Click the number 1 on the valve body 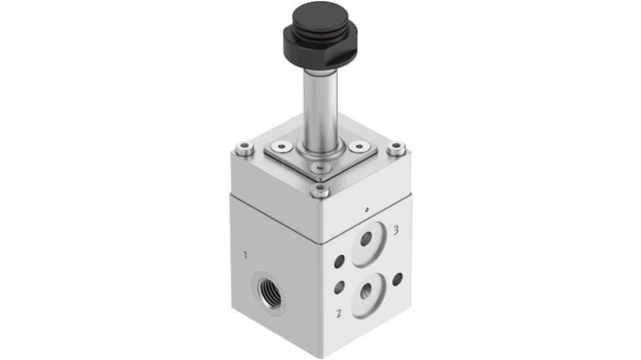(x=245, y=255)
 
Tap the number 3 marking (x=396, y=230)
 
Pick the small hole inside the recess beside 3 (x=366, y=239)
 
